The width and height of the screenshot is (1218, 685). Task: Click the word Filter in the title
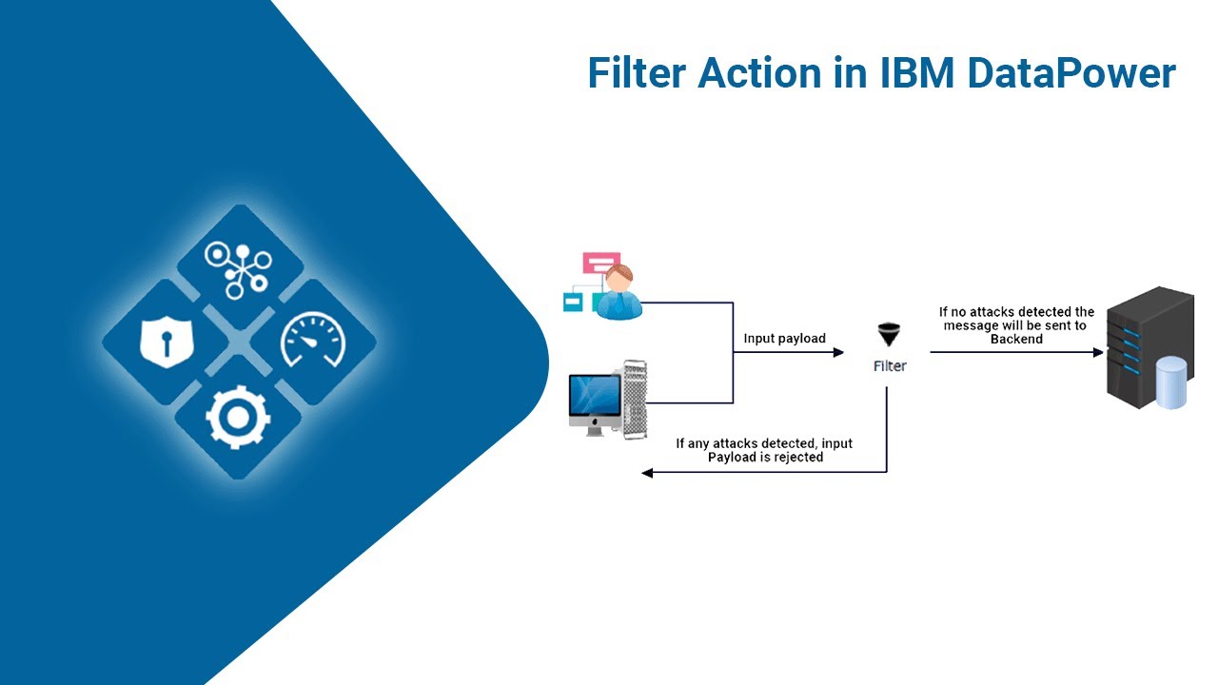click(x=635, y=74)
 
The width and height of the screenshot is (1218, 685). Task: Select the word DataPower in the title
click(x=1071, y=74)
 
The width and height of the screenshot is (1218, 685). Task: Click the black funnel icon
click(x=890, y=335)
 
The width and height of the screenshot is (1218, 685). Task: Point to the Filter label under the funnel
click(x=890, y=365)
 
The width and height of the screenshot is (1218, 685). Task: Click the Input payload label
click(x=784, y=339)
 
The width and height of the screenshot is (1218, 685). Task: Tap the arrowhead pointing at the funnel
click(x=838, y=352)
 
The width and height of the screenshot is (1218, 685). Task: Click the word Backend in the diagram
click(x=1016, y=339)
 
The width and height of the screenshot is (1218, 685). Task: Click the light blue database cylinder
click(x=1170, y=382)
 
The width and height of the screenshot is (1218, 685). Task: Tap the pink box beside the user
click(x=601, y=262)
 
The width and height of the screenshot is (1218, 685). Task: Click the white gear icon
click(x=239, y=417)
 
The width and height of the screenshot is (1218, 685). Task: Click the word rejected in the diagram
click(x=797, y=457)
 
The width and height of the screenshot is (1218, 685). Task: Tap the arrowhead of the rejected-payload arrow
click(x=647, y=473)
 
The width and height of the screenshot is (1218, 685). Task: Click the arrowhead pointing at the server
click(x=1098, y=352)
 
